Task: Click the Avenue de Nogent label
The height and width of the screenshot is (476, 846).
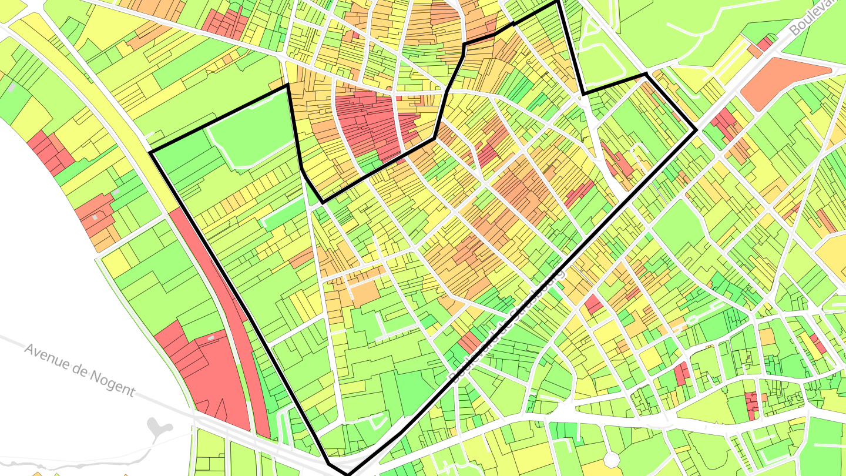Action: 79,370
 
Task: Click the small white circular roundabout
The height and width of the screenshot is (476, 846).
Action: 612,458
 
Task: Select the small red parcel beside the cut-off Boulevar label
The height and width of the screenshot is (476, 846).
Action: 765,44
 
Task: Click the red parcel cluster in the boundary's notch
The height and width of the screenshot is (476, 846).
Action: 370,123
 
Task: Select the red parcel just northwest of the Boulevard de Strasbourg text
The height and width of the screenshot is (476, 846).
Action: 469,342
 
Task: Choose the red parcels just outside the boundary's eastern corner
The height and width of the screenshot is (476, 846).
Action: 726,123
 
